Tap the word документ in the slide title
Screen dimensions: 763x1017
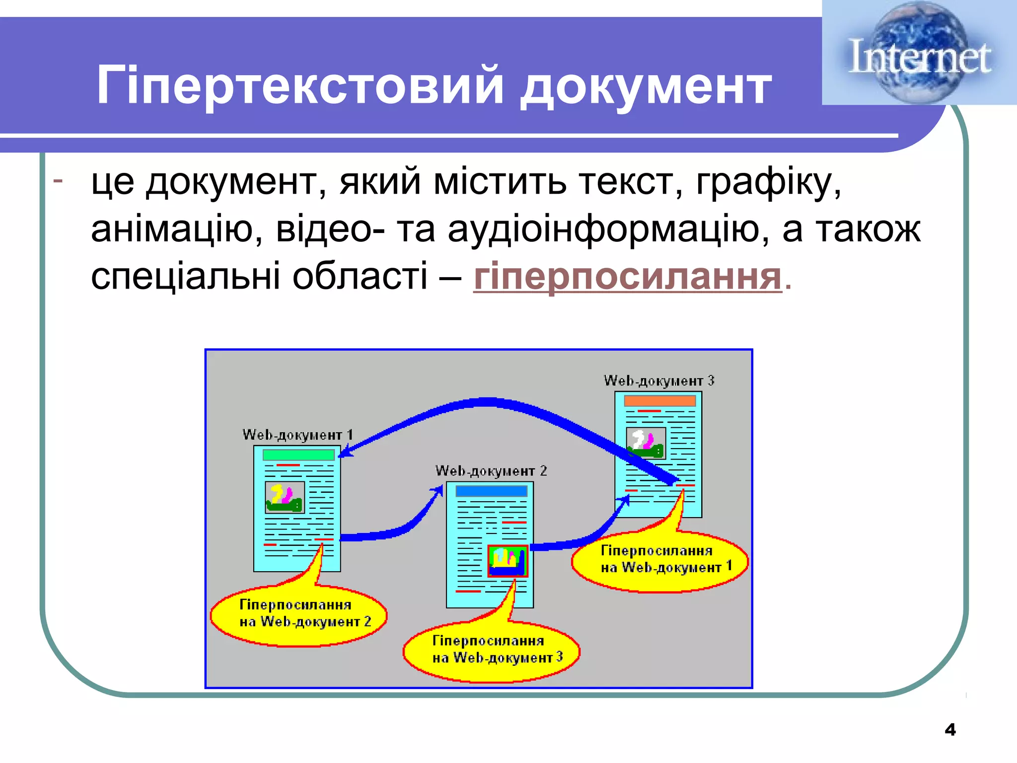tap(646, 87)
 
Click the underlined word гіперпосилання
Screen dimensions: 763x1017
tap(628, 276)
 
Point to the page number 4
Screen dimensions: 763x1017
tap(950, 729)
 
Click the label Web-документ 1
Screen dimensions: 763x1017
tap(297, 435)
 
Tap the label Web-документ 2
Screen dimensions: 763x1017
tap(491, 470)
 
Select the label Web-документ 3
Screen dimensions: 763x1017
tap(658, 381)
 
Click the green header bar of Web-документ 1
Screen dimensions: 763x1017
tap(298, 455)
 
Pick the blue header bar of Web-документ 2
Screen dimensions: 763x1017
tap(491, 491)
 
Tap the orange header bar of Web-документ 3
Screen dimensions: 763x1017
tap(659, 400)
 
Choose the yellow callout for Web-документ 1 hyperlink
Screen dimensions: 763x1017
tap(659, 561)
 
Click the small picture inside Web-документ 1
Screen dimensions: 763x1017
tap(285, 497)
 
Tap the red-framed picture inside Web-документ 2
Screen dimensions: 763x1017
tap(508, 561)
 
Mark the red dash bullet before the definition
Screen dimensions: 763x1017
tap(58, 180)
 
